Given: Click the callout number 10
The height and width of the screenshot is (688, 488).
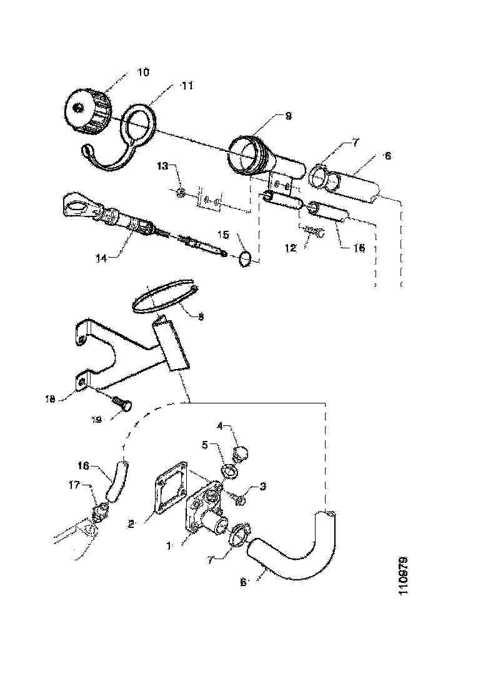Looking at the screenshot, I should click(x=143, y=73).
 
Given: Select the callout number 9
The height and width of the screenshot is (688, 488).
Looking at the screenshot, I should click(x=288, y=116).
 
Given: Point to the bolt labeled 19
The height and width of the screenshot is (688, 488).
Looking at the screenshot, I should click(x=122, y=406).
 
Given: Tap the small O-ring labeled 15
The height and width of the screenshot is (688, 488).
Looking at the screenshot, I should click(x=246, y=258).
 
